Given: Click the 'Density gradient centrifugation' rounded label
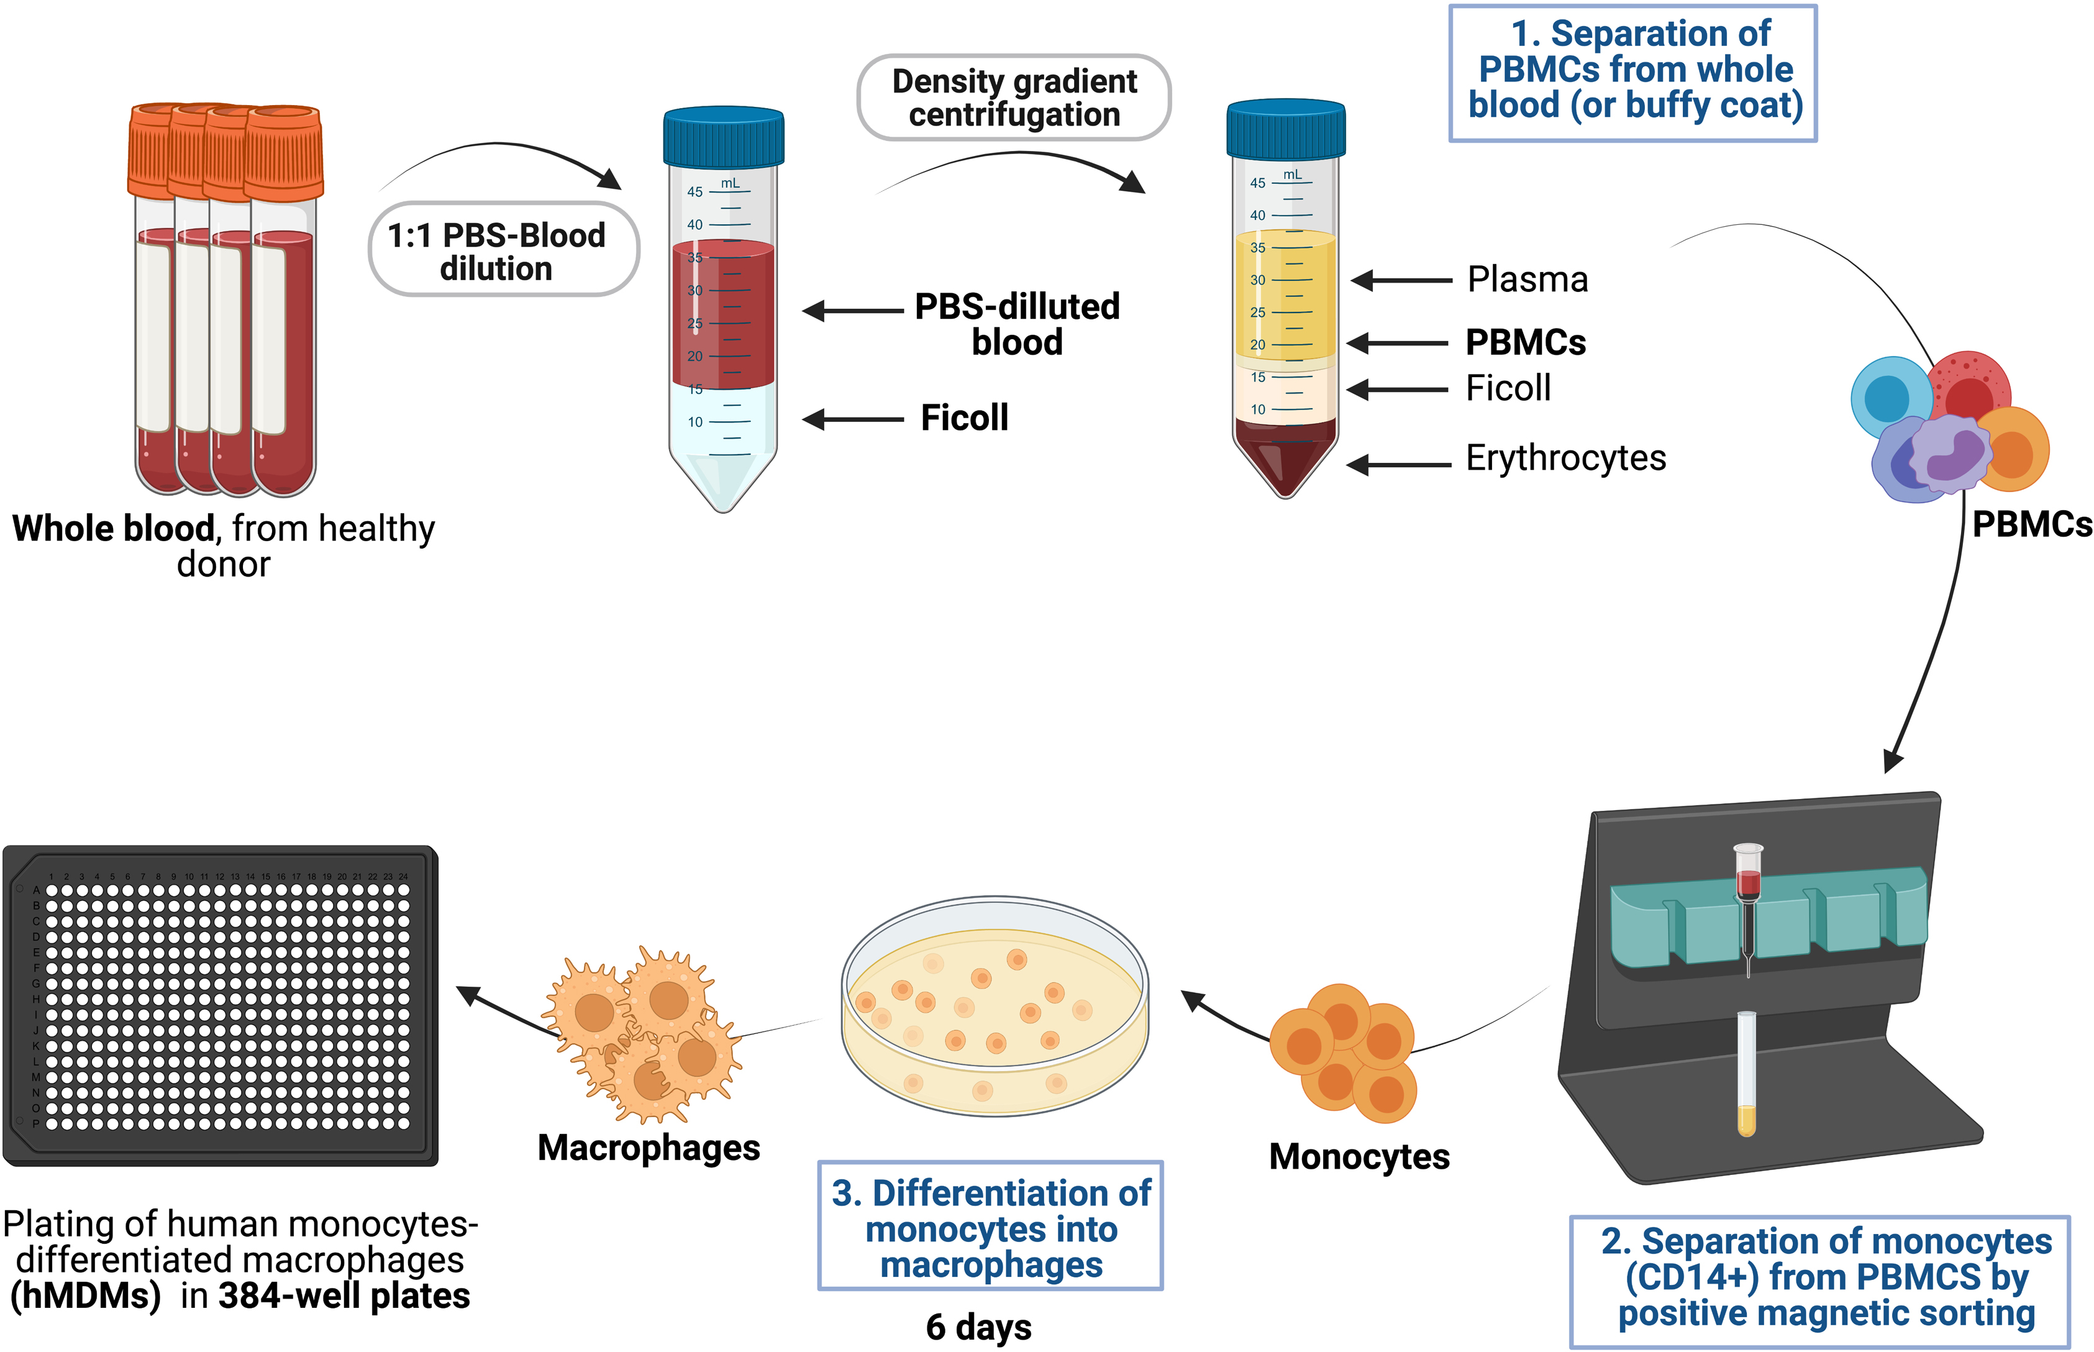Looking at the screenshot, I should [x=1014, y=98].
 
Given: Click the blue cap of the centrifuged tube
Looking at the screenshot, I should [x=1286, y=130].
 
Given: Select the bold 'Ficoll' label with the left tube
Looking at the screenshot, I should [x=963, y=418].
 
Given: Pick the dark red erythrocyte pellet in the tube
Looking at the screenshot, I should [x=1286, y=452].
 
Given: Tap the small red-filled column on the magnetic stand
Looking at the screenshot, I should [x=1747, y=882].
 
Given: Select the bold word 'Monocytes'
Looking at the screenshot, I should [x=1359, y=1157].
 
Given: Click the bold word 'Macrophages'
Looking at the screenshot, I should [x=649, y=1148].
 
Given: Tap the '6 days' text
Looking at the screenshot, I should [x=978, y=1327].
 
